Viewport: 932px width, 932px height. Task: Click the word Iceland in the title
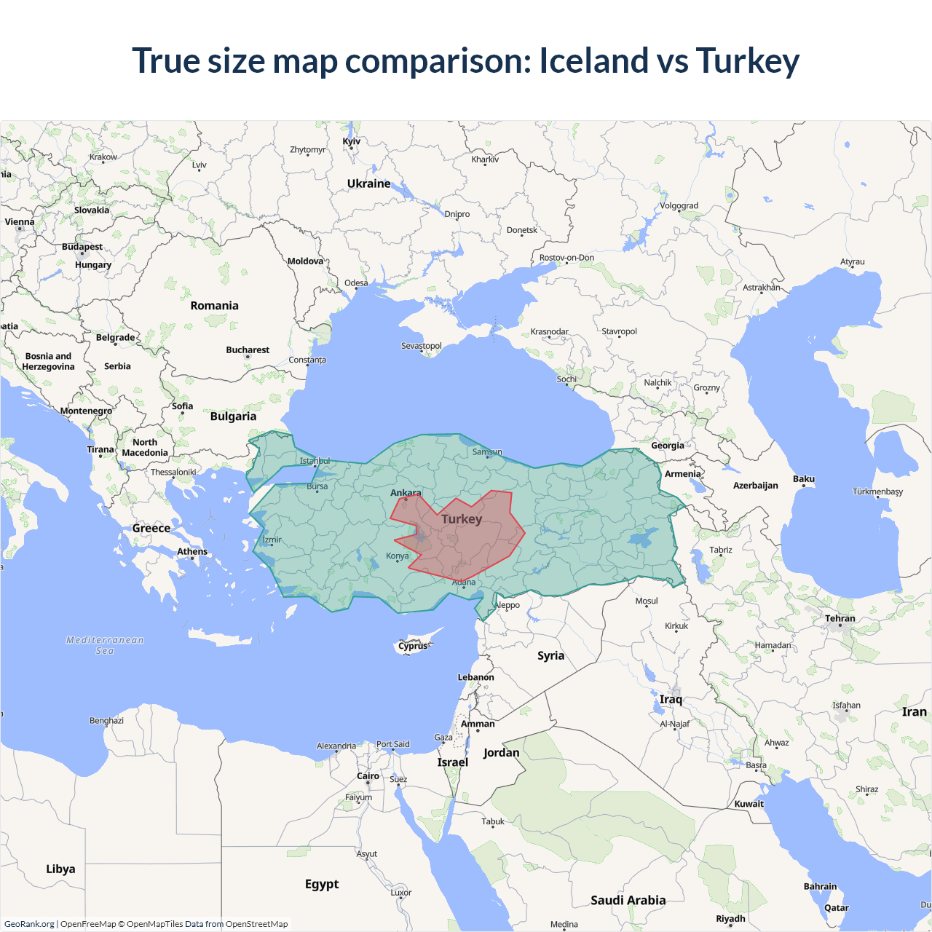(593, 60)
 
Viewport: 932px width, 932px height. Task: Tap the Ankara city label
(406, 493)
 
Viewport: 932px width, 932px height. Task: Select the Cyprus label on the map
(413, 646)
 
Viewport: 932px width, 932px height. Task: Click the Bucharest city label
(248, 350)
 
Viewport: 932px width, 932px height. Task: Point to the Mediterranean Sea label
(105, 645)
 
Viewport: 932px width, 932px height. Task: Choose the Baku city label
(804, 479)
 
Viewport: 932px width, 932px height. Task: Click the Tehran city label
(840, 618)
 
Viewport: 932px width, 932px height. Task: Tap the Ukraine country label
(368, 183)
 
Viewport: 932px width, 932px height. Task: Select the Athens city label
(192, 551)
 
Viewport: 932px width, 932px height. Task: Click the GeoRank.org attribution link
(29, 924)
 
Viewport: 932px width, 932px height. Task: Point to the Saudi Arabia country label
(628, 900)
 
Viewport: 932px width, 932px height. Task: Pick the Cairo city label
(368, 776)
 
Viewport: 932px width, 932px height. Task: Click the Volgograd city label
(679, 206)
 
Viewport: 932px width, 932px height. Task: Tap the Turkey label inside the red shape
(462, 518)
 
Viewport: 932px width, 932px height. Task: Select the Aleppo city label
(508, 605)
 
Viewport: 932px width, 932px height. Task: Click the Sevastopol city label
(422, 346)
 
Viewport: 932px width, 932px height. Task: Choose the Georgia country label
(667, 446)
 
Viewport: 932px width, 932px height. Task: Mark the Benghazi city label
(106, 721)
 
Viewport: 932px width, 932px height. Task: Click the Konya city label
(398, 556)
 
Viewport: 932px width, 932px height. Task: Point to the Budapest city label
(82, 247)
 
